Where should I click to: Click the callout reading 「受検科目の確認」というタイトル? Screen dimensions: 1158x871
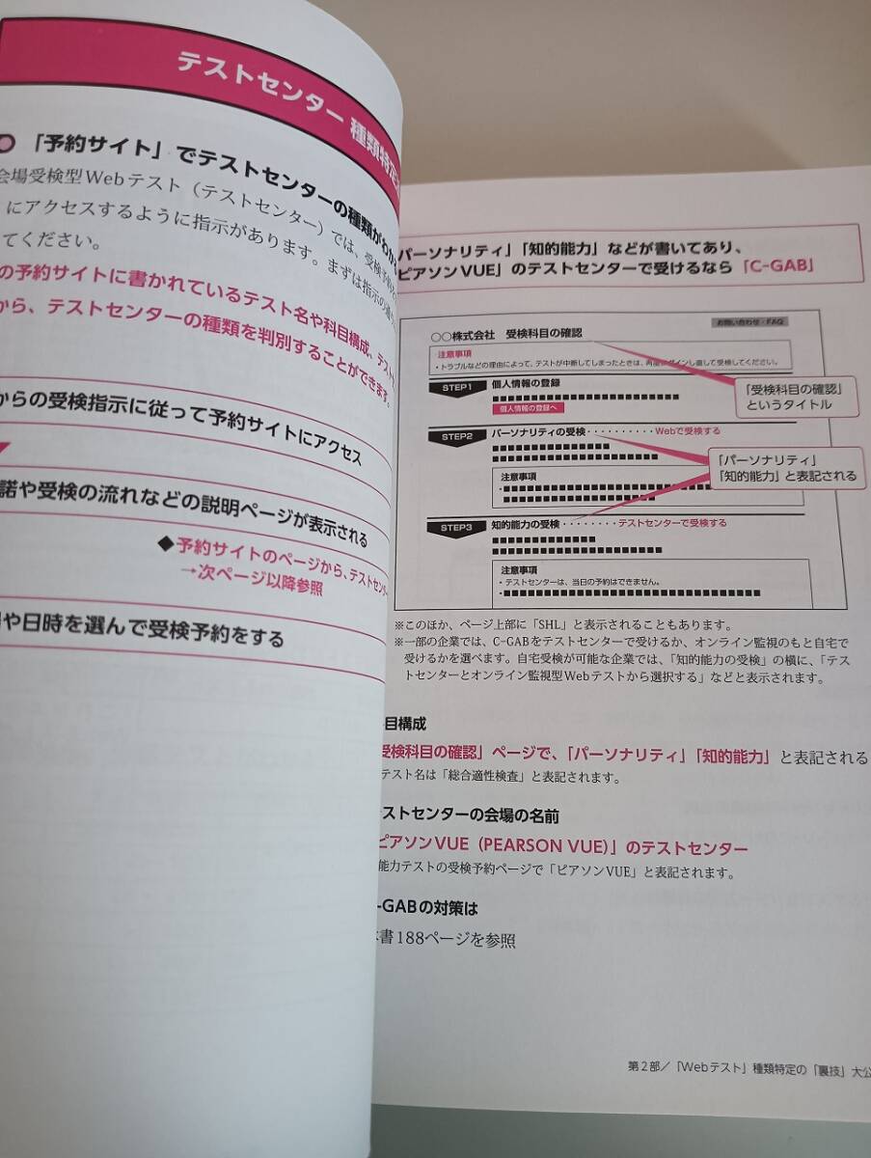788,396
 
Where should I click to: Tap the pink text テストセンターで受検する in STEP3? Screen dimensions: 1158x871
671,523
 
